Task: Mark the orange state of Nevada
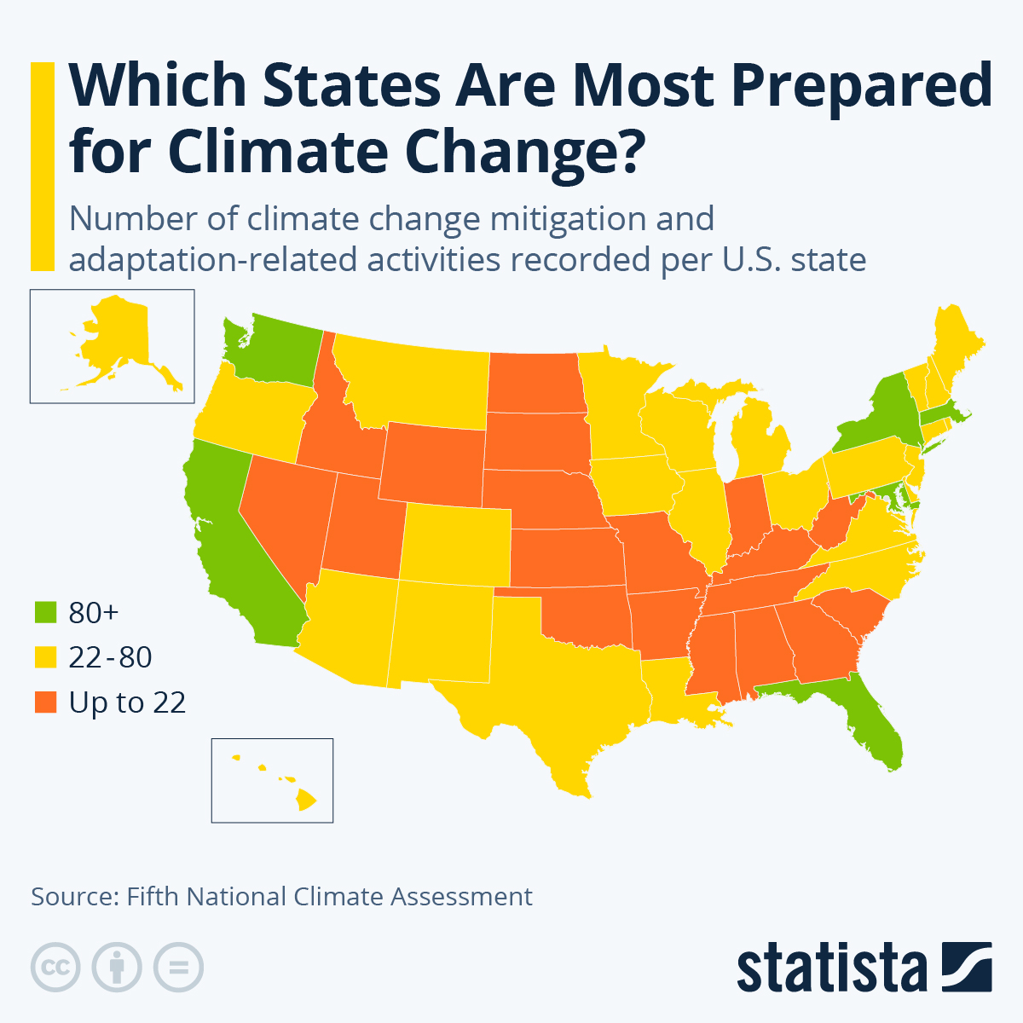[281, 511]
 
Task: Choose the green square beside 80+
[45, 612]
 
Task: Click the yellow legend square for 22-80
[45, 657]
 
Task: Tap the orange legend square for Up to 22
[45, 702]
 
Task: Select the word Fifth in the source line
[153, 897]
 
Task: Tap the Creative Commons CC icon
[55, 968]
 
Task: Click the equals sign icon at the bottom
[178, 968]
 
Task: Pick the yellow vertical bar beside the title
[42, 166]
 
